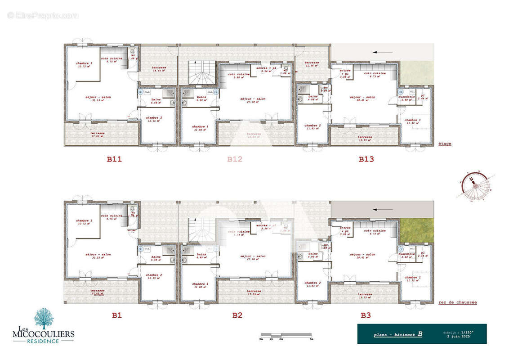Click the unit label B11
(114, 159)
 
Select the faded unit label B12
(235, 159)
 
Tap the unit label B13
(366, 159)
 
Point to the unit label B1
(116, 315)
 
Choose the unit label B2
(237, 315)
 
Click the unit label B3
(366, 315)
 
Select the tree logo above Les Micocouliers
(44, 318)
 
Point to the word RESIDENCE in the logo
(43, 341)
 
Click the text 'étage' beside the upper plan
(445, 144)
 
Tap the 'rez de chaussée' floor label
(457, 302)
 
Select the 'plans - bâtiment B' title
(397, 334)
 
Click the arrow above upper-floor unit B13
(381, 52)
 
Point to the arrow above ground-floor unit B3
(381, 209)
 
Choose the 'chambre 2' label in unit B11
(154, 117)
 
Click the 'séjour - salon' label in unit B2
(253, 256)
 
